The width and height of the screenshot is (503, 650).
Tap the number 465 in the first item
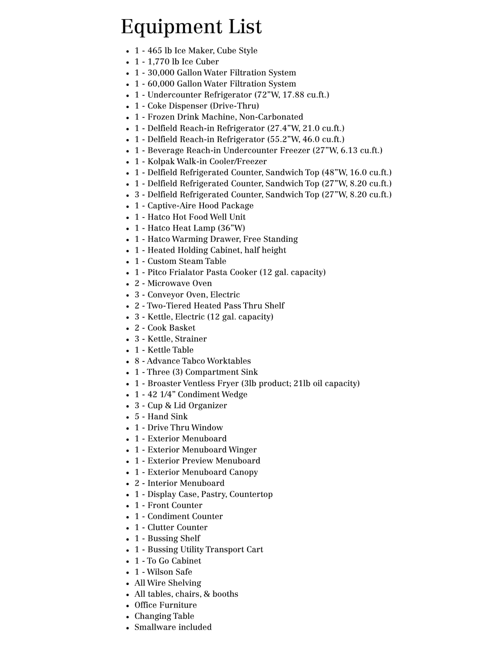pyautogui.click(x=155, y=51)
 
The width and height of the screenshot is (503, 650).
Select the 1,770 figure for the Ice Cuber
pyautogui.click(x=158, y=62)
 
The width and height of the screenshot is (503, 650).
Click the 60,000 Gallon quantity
pyautogui.click(x=161, y=84)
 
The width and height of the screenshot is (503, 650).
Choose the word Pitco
pyautogui.click(x=157, y=272)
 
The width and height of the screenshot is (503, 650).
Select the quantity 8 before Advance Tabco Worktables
pyautogui.click(x=137, y=361)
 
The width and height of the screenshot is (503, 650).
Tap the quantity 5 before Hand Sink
pyautogui.click(x=137, y=416)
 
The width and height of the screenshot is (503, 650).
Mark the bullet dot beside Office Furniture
pyautogui.click(x=128, y=606)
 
